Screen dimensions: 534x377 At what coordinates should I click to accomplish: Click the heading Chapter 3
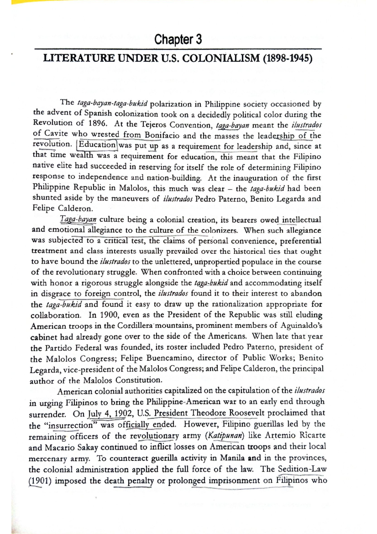click(178, 40)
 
